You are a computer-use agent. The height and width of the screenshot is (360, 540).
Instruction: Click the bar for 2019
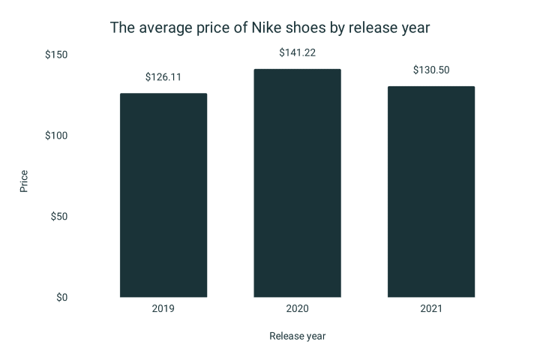[x=163, y=195]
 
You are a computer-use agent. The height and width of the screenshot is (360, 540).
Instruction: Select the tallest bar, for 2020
[x=297, y=183]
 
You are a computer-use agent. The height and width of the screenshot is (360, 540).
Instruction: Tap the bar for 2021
[x=431, y=192]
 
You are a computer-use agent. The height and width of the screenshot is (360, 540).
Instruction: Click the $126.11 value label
[x=163, y=77]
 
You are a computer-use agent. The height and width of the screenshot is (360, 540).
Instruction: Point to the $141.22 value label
[x=298, y=52]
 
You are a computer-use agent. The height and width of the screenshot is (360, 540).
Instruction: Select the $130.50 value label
[x=431, y=70]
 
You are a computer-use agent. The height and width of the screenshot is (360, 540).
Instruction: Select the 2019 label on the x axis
[x=163, y=309]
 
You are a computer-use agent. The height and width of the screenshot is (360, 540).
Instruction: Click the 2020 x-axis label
[x=297, y=309]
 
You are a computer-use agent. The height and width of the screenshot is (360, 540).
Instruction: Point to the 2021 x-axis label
[x=431, y=309]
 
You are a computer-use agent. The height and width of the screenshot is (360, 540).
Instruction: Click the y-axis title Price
[x=24, y=181]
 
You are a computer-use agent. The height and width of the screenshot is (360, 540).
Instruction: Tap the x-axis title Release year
[x=298, y=336]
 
